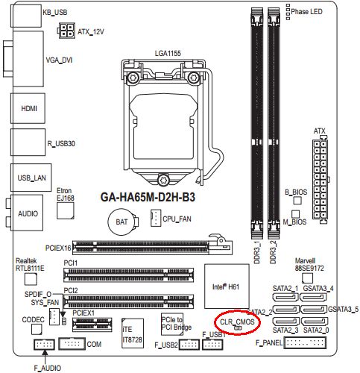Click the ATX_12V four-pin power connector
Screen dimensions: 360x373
pos(66,31)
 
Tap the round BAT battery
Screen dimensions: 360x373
pos(122,222)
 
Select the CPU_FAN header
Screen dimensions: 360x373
pos(156,218)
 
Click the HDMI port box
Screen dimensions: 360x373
pos(28,108)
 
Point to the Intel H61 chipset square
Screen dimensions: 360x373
pos(227,286)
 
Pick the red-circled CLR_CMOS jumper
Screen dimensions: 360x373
pos(238,328)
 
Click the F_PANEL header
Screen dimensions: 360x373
pos(305,343)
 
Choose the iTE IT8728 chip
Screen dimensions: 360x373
pos(133,333)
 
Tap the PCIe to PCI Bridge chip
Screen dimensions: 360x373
pos(172,323)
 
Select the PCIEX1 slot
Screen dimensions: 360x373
pos(92,325)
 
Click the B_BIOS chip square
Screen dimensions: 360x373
pos(297,201)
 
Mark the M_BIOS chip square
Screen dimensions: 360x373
pos(295,214)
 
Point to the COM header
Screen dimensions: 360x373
pos(72,344)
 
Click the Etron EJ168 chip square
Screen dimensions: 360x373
pos(66,210)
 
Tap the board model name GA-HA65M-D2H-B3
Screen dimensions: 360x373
pos(148,197)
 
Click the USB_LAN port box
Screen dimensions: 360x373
pos(31,178)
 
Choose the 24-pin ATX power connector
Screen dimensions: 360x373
pos(320,180)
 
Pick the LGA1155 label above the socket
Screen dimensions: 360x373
pos(168,54)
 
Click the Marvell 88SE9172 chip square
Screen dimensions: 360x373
pos(308,278)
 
